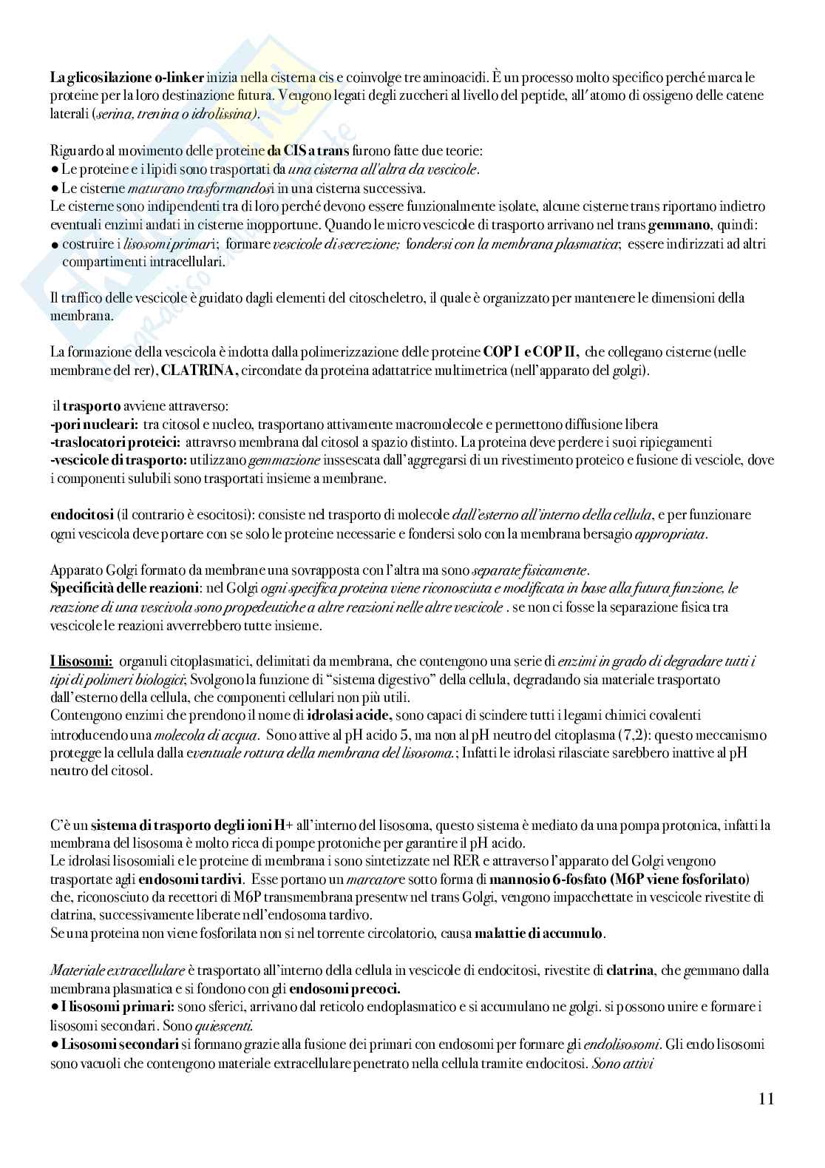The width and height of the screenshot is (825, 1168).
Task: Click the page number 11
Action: pos(766,1098)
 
